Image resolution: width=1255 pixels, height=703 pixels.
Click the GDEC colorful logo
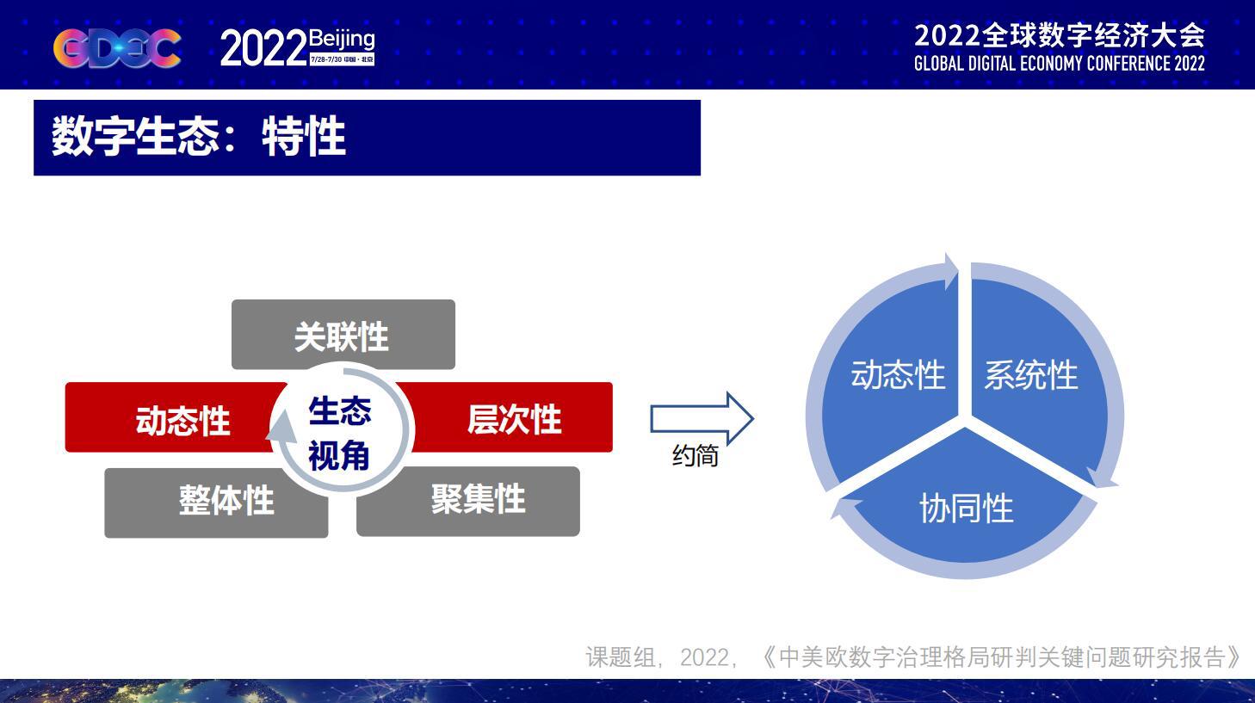pos(118,48)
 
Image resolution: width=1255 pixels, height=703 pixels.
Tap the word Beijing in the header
pos(342,39)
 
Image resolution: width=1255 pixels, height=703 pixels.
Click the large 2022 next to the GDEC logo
pos(263,49)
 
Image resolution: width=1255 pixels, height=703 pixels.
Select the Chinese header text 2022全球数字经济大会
pos(1059,34)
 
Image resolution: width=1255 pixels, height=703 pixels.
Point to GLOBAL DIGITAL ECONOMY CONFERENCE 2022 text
pos(1059,64)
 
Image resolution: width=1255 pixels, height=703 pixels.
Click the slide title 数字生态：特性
pos(199,138)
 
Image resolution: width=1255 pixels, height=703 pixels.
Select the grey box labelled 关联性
pos(343,335)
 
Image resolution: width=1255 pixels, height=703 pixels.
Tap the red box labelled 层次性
pos(515,419)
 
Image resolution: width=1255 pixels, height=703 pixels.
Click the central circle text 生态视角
pos(340,432)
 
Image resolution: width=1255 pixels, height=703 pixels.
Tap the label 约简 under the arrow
pos(695,455)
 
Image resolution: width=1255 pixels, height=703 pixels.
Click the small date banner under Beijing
pos(342,59)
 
